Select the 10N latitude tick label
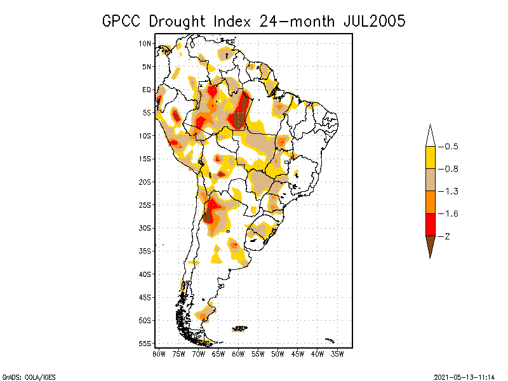(x=145, y=43)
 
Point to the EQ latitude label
(x=146, y=90)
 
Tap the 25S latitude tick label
(x=145, y=204)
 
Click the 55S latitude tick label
(x=145, y=343)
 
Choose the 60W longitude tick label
(x=238, y=353)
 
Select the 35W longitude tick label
(x=338, y=353)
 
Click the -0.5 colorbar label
(x=451, y=147)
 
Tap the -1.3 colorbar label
(x=451, y=191)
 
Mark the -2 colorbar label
(x=448, y=236)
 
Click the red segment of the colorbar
(x=430, y=224)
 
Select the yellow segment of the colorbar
(x=430, y=157)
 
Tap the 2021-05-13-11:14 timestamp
(x=464, y=376)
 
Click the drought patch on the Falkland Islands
(x=240, y=328)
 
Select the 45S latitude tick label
(x=145, y=297)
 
